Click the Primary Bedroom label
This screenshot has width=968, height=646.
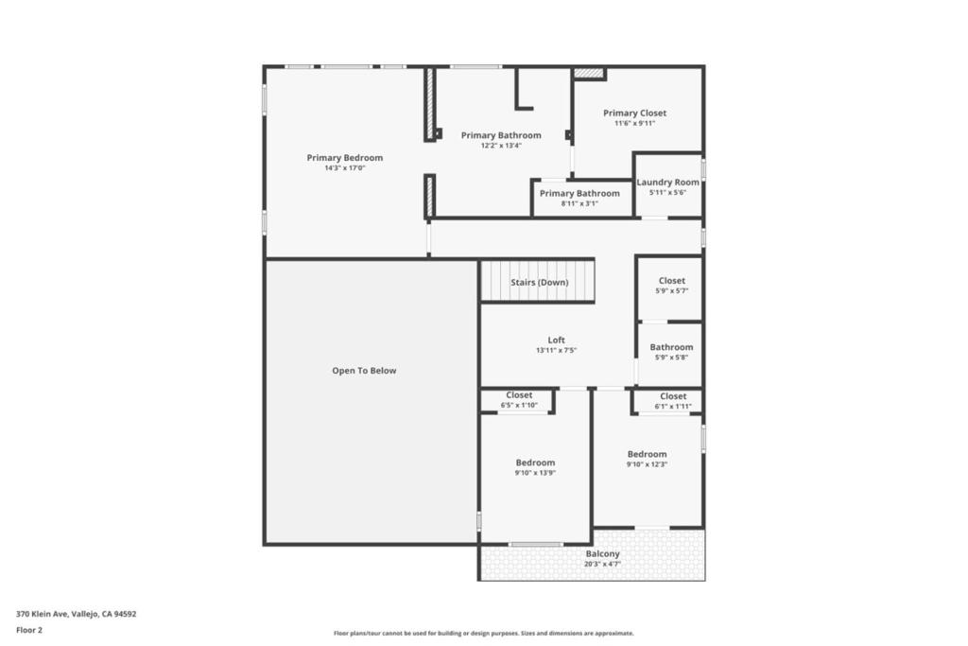[344, 158]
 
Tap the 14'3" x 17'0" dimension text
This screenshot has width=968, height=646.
[345, 168]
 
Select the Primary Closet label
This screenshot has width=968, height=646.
[634, 113]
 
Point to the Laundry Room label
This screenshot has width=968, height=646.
[668, 183]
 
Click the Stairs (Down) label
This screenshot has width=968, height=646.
[540, 282]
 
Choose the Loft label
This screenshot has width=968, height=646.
[556, 340]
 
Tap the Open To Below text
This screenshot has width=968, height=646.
[364, 371]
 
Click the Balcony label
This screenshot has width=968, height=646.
[602, 554]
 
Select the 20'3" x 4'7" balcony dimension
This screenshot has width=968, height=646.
[602, 564]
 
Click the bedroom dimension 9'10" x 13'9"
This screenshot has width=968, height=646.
[535, 473]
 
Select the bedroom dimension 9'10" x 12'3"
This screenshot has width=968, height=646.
[647, 464]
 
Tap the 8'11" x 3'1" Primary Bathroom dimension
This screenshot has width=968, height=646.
[579, 203]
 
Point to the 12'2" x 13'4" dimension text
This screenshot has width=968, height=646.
[501, 146]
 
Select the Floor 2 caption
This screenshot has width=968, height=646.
[29, 630]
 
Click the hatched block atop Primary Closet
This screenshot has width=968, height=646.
[589, 73]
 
